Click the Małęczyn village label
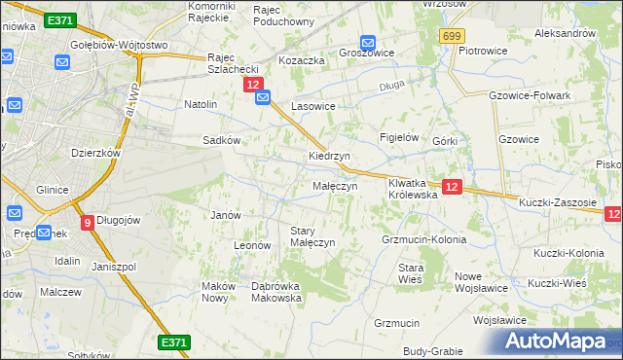[x=335, y=186]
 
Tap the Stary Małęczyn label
[x=312, y=236]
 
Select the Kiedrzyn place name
[x=329, y=156]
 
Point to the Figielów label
[x=398, y=138]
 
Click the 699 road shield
[x=450, y=36]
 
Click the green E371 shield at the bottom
[x=173, y=342]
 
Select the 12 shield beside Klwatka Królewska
[x=451, y=186]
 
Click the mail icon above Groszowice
[x=368, y=42]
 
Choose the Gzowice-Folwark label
[x=527, y=95]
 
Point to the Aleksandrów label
[x=565, y=33]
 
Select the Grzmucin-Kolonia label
[x=424, y=239]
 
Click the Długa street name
[x=391, y=86]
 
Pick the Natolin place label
[x=201, y=103]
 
